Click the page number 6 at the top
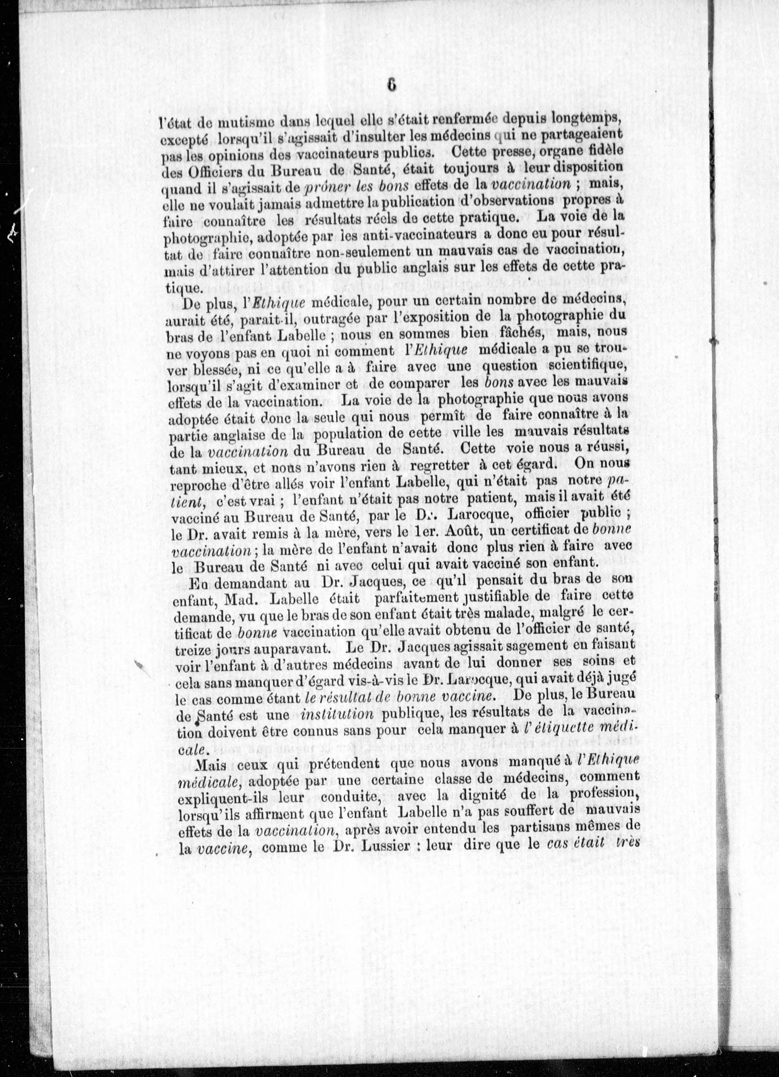pyautogui.click(x=391, y=85)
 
